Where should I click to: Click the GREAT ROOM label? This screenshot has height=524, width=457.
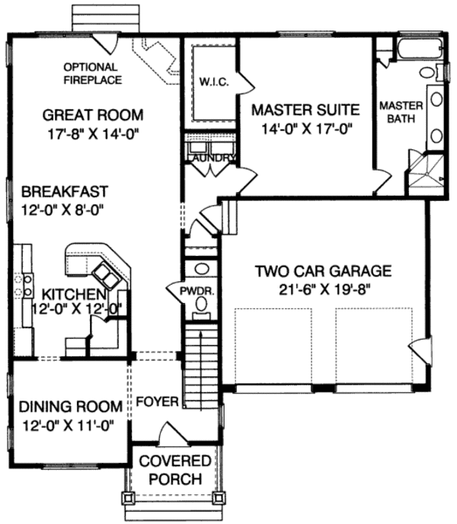pyautogui.click(x=93, y=115)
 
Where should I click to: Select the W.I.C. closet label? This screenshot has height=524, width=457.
pyautogui.click(x=211, y=81)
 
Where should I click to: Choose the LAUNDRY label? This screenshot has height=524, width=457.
pyautogui.click(x=208, y=158)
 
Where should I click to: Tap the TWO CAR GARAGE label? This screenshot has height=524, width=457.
pyautogui.click(x=323, y=270)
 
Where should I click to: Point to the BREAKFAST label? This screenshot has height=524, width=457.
pyautogui.click(x=64, y=190)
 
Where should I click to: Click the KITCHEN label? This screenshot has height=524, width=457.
pyautogui.click(x=73, y=293)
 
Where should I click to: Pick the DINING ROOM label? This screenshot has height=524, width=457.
pyautogui.click(x=70, y=405)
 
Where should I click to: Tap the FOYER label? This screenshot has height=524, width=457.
pyautogui.click(x=158, y=401)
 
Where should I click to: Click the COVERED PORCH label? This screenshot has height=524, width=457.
pyautogui.click(x=175, y=470)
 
